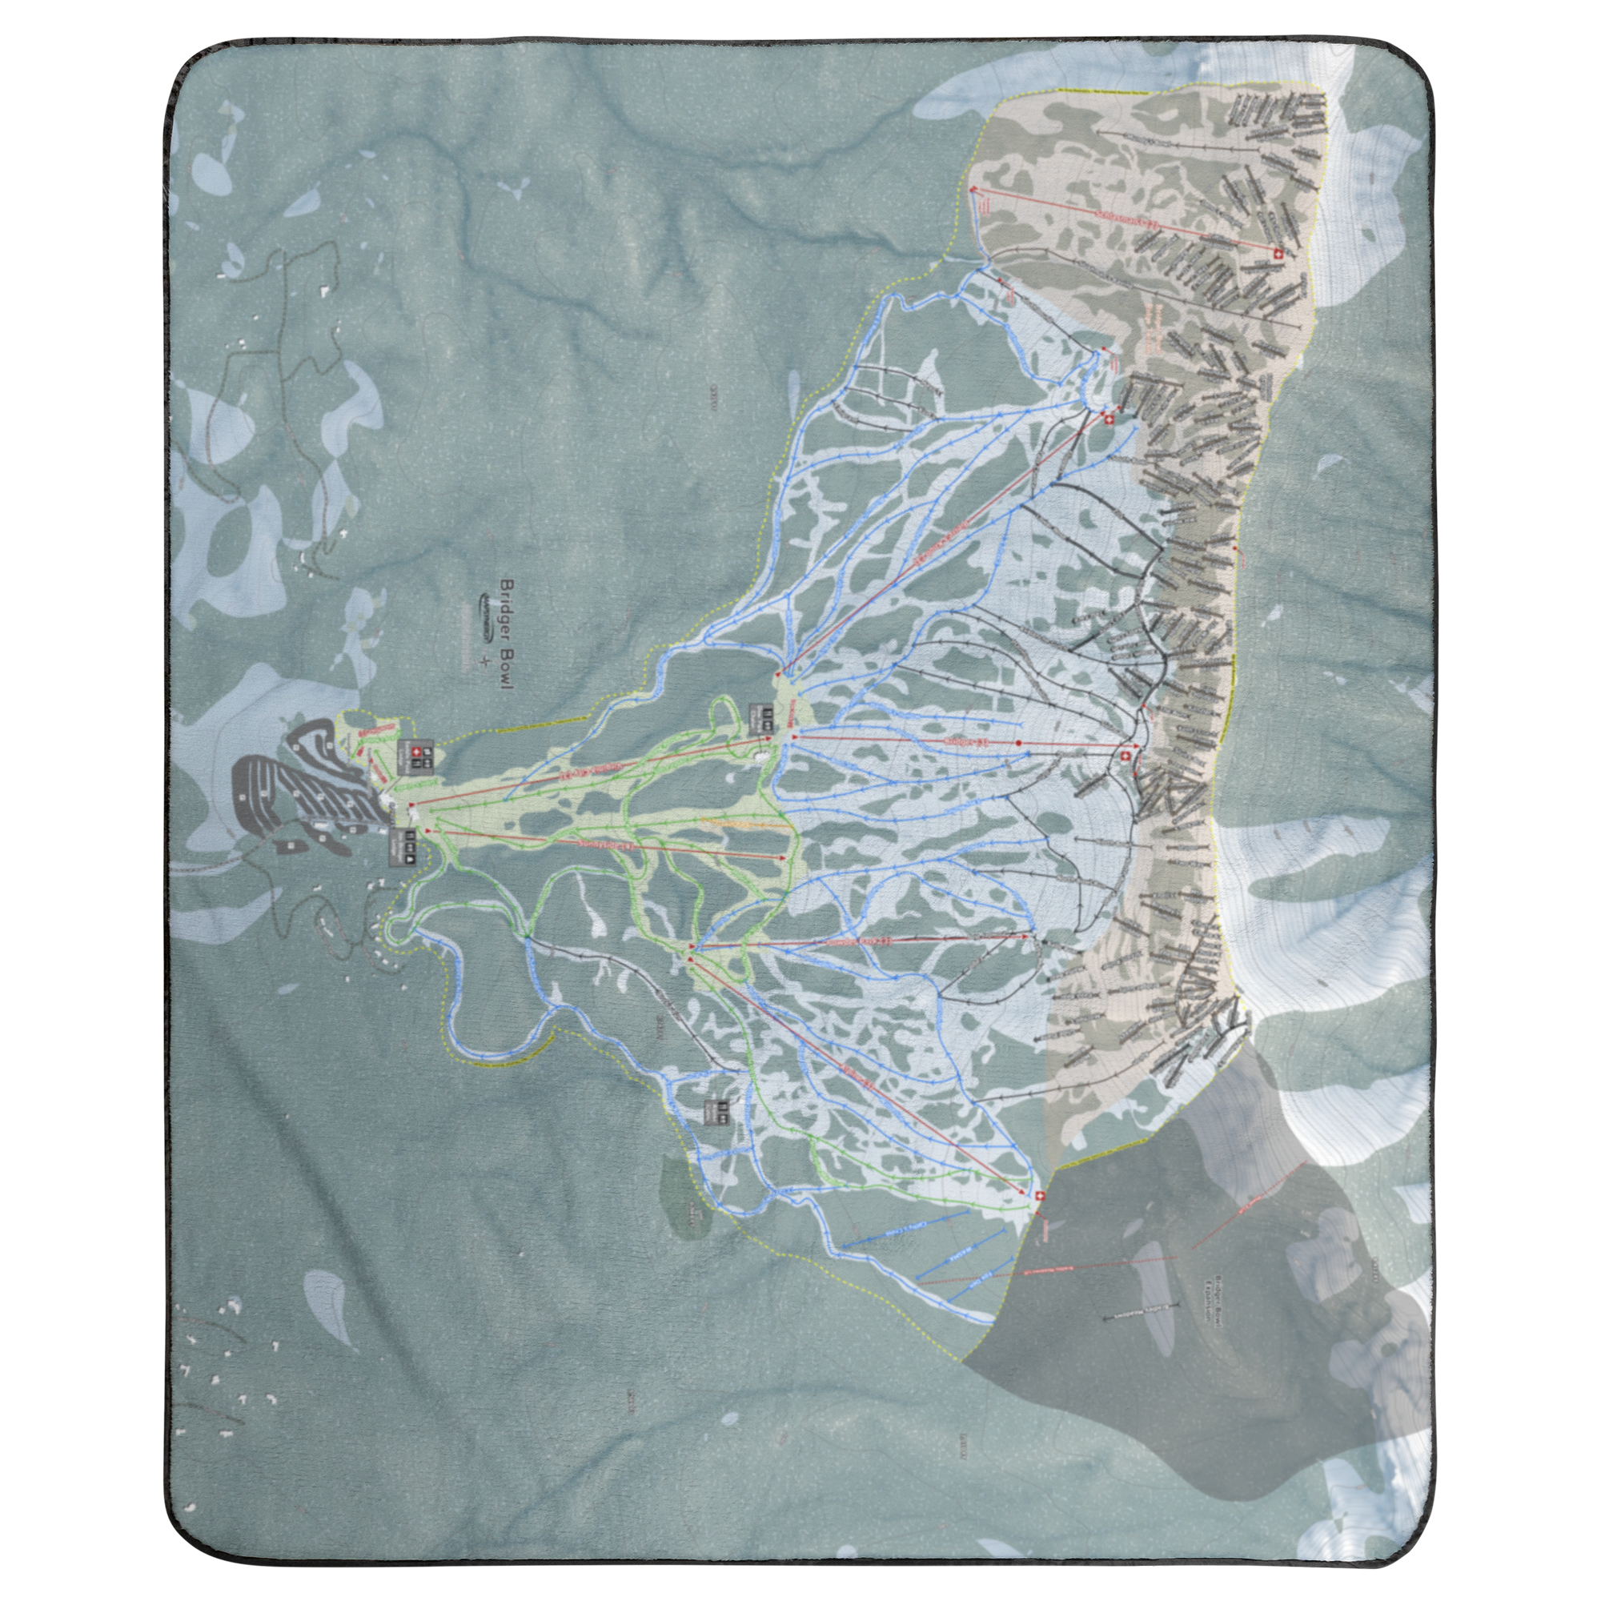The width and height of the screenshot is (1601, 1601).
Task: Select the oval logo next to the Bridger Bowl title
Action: tap(486, 617)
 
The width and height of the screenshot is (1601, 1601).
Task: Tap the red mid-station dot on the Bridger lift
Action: tap(1018, 744)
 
